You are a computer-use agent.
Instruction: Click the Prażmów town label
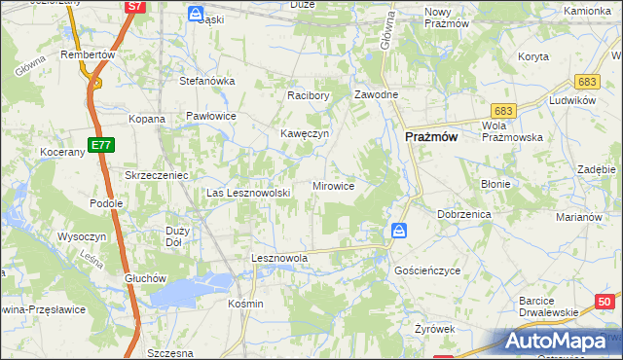[x=431, y=138]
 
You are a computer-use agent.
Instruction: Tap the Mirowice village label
[x=333, y=185]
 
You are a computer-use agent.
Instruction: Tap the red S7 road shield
[x=135, y=7]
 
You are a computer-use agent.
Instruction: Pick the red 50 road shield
[x=605, y=303]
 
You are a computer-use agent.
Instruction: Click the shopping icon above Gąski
[x=196, y=14]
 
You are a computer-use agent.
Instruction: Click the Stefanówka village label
[x=206, y=81]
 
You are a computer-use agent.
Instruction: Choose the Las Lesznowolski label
[x=248, y=193]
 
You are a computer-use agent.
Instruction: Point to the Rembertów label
[x=88, y=54]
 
